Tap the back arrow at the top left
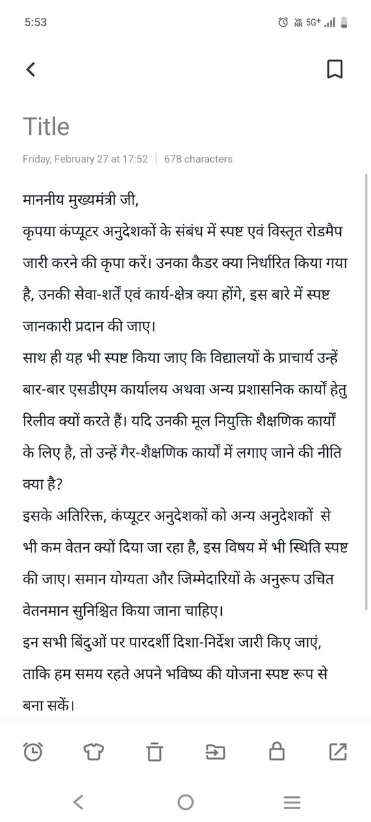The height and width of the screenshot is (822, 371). pyautogui.click(x=30, y=69)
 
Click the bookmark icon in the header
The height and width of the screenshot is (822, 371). pyautogui.click(x=335, y=69)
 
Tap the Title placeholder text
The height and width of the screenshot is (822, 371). pyautogui.click(x=46, y=127)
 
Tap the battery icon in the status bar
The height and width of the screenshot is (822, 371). pyautogui.click(x=344, y=22)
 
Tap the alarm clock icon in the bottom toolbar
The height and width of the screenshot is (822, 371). pyautogui.click(x=32, y=751)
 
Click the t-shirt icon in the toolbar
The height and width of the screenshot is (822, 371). pyautogui.click(x=93, y=751)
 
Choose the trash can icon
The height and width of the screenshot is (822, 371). pyautogui.click(x=154, y=751)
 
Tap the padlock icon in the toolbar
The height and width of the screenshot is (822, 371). pyautogui.click(x=277, y=751)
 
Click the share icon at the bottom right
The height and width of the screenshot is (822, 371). pyautogui.click(x=337, y=751)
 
